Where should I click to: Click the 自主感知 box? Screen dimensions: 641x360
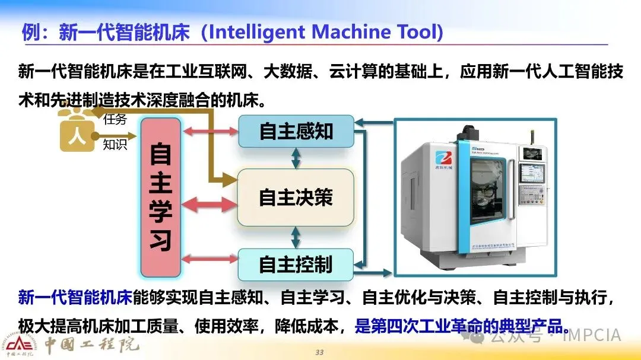[296, 132]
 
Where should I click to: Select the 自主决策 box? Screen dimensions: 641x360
[296, 197]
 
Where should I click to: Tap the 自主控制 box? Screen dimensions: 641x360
[296, 265]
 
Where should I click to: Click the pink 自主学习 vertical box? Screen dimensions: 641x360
[160, 197]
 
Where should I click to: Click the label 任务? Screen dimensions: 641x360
[115, 119]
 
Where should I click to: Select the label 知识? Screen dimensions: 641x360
[115, 144]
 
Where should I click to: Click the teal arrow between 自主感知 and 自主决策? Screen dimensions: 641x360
[296, 158]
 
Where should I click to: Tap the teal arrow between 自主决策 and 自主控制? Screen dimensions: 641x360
[296, 237]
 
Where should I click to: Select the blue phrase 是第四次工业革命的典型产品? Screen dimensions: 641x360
[457, 327]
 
